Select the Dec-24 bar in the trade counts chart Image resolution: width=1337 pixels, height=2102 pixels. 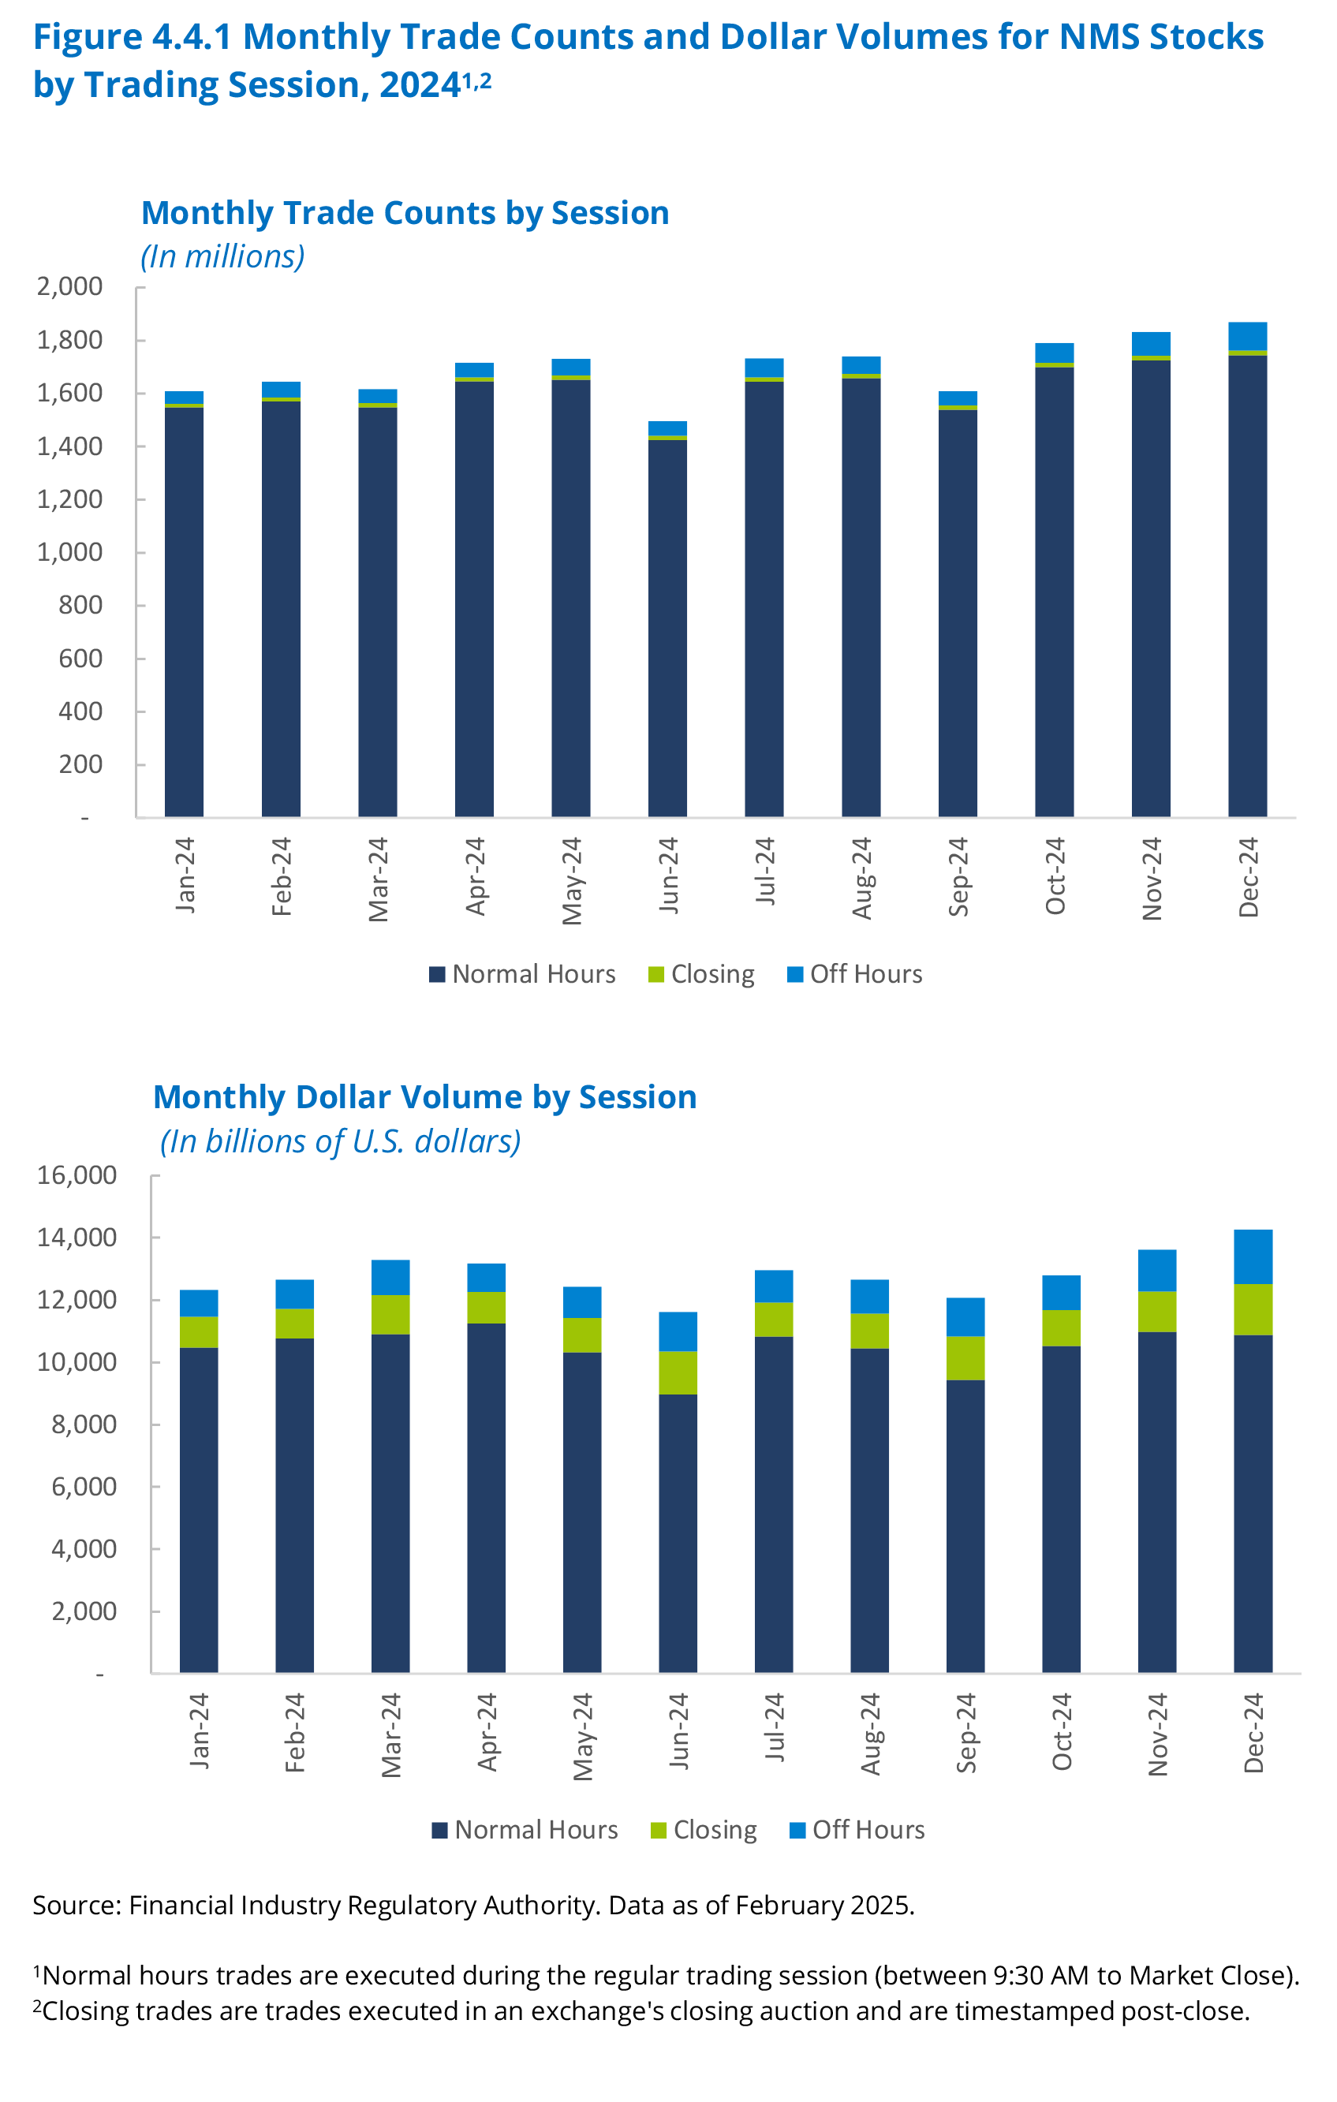[1247, 585]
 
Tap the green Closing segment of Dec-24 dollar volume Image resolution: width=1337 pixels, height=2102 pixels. [1253, 1309]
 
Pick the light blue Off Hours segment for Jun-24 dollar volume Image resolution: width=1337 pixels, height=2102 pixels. [678, 1331]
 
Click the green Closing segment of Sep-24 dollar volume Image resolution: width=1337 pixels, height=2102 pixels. [965, 1358]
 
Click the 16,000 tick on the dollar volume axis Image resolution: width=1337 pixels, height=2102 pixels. [77, 1175]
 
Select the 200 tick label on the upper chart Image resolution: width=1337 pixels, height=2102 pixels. [80, 764]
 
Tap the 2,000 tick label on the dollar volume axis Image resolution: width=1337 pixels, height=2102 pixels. [84, 1611]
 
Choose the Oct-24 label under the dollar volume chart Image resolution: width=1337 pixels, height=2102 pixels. [1061, 1732]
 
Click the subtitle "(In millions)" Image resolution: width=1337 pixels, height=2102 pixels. [222, 256]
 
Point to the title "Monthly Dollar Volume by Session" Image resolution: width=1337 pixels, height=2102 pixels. [424, 1097]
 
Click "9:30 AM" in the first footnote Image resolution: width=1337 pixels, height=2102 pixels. [1041, 1976]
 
